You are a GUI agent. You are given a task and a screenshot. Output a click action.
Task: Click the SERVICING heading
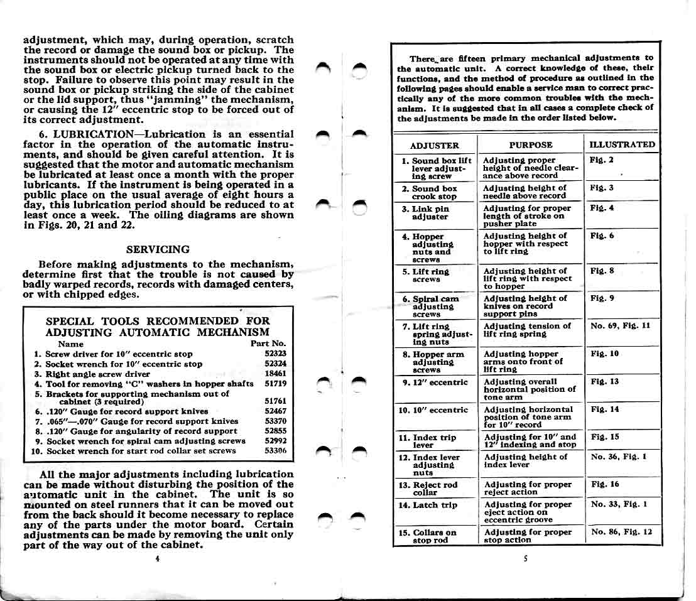158,249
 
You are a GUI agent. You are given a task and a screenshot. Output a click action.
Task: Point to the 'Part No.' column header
268,344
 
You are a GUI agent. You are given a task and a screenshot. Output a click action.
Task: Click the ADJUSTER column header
434,145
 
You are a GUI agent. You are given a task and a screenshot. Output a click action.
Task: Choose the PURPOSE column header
531,145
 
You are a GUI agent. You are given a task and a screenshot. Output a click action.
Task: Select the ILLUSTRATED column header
621,144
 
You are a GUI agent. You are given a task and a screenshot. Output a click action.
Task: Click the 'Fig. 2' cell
602,160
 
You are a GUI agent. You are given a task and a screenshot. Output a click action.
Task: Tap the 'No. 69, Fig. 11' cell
621,326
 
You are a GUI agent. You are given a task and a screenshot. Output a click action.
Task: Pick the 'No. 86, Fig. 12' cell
621,532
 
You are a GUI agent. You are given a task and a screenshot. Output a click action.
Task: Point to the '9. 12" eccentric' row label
435,382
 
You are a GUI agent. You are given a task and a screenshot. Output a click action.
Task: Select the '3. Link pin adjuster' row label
430,212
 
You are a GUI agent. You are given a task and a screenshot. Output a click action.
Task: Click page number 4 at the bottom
157,558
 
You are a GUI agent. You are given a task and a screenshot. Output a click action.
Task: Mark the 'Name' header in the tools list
70,344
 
